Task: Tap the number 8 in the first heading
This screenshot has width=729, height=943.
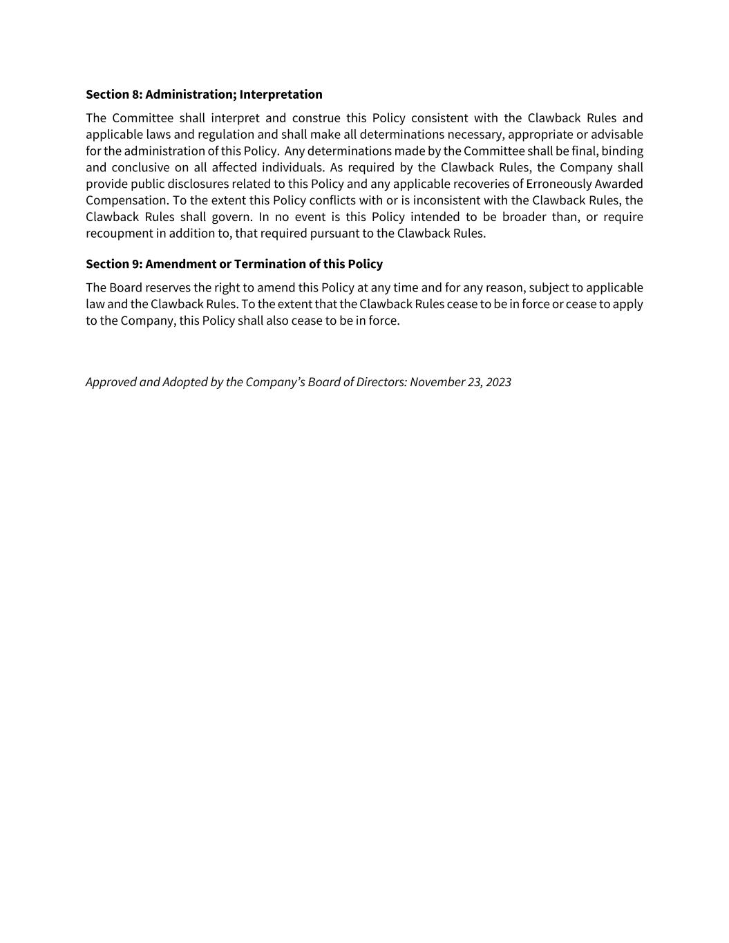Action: click(135, 94)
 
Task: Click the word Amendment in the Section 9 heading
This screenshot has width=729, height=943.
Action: click(180, 264)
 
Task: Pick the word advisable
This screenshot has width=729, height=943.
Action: click(616, 135)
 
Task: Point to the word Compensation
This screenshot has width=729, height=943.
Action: click(126, 201)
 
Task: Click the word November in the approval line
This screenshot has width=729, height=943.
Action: click(437, 382)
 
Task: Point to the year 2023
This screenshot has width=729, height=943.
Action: click(498, 382)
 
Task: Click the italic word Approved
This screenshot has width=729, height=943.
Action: click(111, 382)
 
